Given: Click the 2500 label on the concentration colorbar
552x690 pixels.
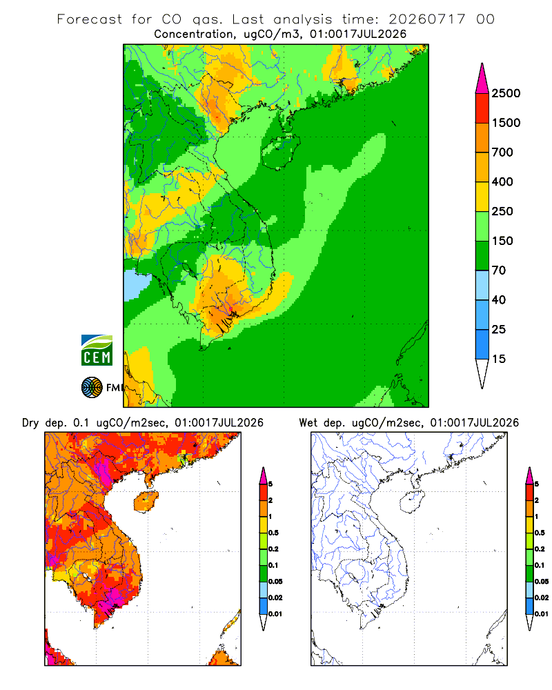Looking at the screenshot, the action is [506, 93].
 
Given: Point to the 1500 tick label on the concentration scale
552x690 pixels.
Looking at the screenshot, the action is [506, 123].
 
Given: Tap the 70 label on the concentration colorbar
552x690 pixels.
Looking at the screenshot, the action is [498, 270].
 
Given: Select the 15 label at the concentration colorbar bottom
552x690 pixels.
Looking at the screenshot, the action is [498, 359].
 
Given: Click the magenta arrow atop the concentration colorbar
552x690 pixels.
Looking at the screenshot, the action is [482, 79].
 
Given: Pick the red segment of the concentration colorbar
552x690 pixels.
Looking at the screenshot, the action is [482, 108].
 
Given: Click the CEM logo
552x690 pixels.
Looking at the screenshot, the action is [97, 350].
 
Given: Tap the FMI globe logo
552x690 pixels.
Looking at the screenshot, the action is [92, 388].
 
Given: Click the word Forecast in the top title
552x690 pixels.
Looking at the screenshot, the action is [90, 19].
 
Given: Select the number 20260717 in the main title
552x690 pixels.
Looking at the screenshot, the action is [426, 19].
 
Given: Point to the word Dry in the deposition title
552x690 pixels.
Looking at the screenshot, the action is [30, 423].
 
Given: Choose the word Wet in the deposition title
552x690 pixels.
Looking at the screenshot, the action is [308, 423].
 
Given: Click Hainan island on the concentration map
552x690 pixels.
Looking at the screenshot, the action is [281, 152].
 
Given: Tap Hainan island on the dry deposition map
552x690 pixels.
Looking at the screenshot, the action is [146, 502].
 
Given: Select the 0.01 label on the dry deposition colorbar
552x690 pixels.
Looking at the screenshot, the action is [275, 614].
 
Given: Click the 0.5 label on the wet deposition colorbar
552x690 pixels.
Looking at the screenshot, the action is [540, 533].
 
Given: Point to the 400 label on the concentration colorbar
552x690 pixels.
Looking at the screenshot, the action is [502, 181].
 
